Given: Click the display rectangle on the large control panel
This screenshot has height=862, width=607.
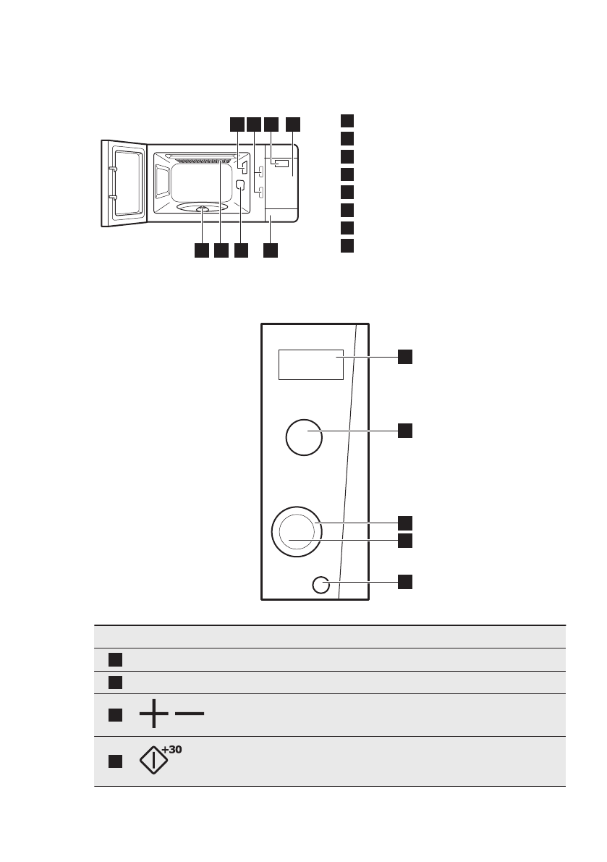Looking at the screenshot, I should point(310,364).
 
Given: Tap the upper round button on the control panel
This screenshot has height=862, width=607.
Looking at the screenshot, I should point(304,437).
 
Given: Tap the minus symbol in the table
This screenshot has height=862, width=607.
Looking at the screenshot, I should point(190,714).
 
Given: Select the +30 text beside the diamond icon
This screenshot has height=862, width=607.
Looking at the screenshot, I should point(171,750).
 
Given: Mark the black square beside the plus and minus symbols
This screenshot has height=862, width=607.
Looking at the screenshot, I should point(114,715).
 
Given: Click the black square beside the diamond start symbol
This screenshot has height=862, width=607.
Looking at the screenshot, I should point(114,761).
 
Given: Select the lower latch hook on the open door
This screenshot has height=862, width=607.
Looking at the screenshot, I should point(111,196).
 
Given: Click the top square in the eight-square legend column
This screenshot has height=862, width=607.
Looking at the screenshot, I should point(347,119).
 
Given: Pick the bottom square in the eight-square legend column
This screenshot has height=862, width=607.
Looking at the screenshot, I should point(347,245).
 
